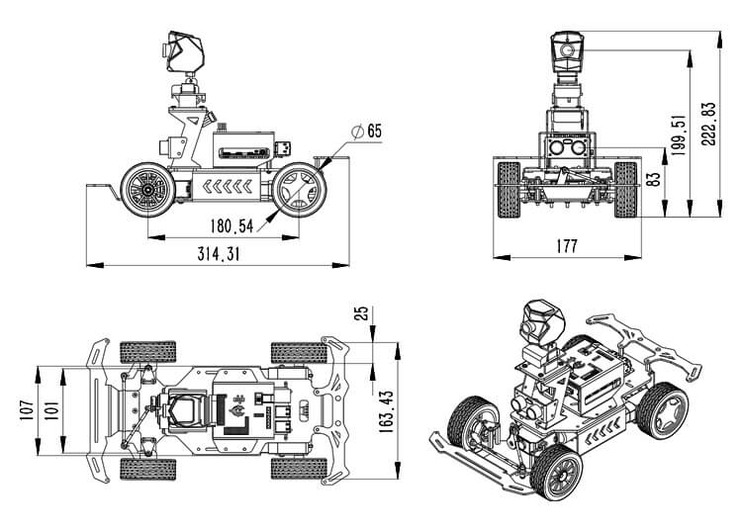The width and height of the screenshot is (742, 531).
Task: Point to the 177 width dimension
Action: point(566,247)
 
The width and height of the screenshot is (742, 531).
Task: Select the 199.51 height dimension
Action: point(679,134)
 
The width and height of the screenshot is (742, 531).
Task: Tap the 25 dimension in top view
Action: point(362,313)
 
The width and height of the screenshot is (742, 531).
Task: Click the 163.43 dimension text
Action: point(386,408)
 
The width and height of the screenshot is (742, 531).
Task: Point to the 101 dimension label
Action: point(49,408)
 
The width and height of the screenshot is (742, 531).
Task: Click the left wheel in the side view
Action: point(147,187)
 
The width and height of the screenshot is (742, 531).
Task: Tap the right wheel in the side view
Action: point(299,187)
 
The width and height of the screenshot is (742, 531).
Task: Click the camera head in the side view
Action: point(184,53)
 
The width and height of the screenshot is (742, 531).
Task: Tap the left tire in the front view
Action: point(508,189)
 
